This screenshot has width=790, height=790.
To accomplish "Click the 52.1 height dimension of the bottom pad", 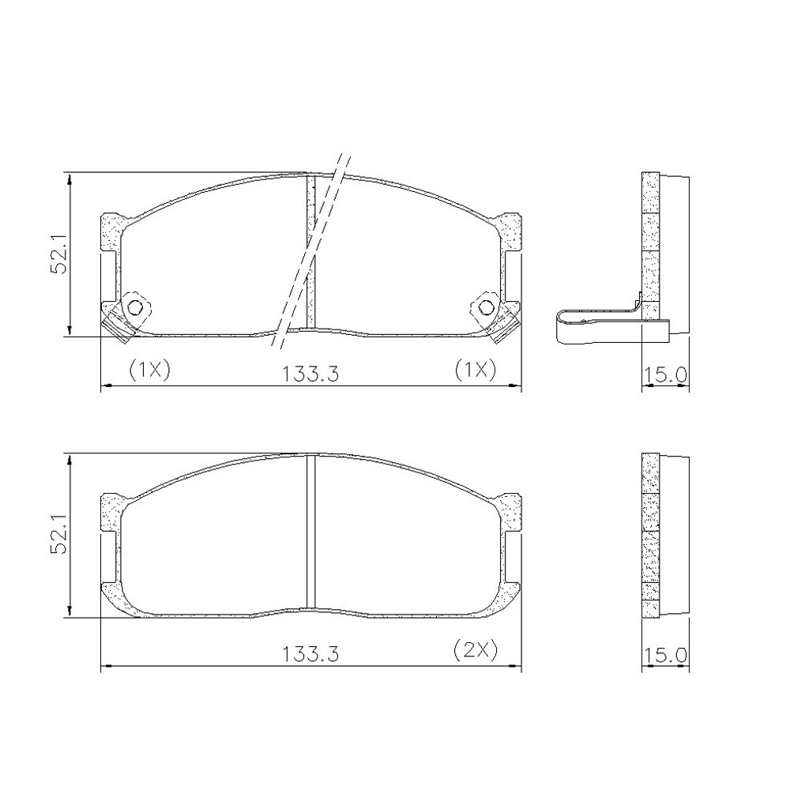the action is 59,540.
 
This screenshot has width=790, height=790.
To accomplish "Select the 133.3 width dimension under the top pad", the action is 310,374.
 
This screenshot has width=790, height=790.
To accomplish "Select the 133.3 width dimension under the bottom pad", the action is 310,654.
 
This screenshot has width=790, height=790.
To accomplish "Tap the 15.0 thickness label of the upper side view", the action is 665,374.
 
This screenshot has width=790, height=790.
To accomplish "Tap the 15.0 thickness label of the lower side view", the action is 665,655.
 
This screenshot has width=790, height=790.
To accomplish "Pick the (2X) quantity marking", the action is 476,650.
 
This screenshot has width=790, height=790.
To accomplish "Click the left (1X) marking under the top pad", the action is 150,370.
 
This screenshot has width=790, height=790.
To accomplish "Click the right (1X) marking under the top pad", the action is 476,370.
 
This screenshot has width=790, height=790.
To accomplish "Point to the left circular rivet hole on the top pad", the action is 135,307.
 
